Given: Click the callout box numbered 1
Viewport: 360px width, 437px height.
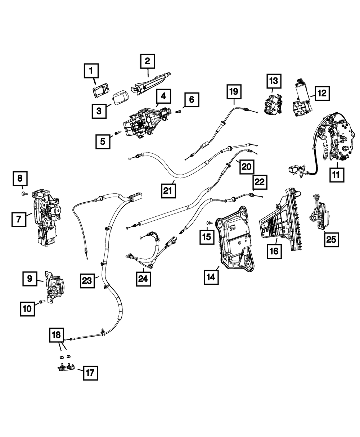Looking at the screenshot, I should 91,71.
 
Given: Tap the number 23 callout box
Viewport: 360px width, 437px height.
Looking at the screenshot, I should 87,280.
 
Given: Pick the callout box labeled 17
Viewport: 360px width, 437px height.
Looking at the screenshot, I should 90,373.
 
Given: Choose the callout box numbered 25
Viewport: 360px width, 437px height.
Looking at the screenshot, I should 332,239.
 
